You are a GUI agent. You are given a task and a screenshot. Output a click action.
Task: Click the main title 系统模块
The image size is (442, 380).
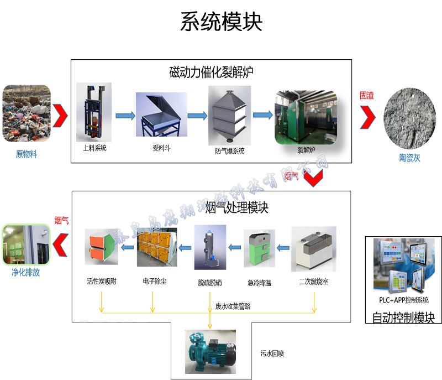[221, 22]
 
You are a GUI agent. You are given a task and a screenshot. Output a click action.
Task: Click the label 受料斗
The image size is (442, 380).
[160, 148]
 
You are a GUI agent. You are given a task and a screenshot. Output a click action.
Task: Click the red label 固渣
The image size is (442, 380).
[367, 95]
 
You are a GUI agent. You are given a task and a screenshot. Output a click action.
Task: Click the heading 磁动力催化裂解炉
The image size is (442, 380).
[212, 72]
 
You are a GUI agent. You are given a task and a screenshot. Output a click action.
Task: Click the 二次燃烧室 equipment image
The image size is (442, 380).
[313, 248]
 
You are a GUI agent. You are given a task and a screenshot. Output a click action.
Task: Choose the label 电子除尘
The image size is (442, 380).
[154, 282]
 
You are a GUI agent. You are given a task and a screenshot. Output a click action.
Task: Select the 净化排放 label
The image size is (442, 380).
[26, 273]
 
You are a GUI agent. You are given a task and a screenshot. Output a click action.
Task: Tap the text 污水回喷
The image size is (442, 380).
[272, 353]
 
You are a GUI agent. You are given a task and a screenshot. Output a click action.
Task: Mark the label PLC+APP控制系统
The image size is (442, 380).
[403, 300]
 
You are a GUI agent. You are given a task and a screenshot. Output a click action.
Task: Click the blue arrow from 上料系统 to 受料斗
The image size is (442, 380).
[125, 116]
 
